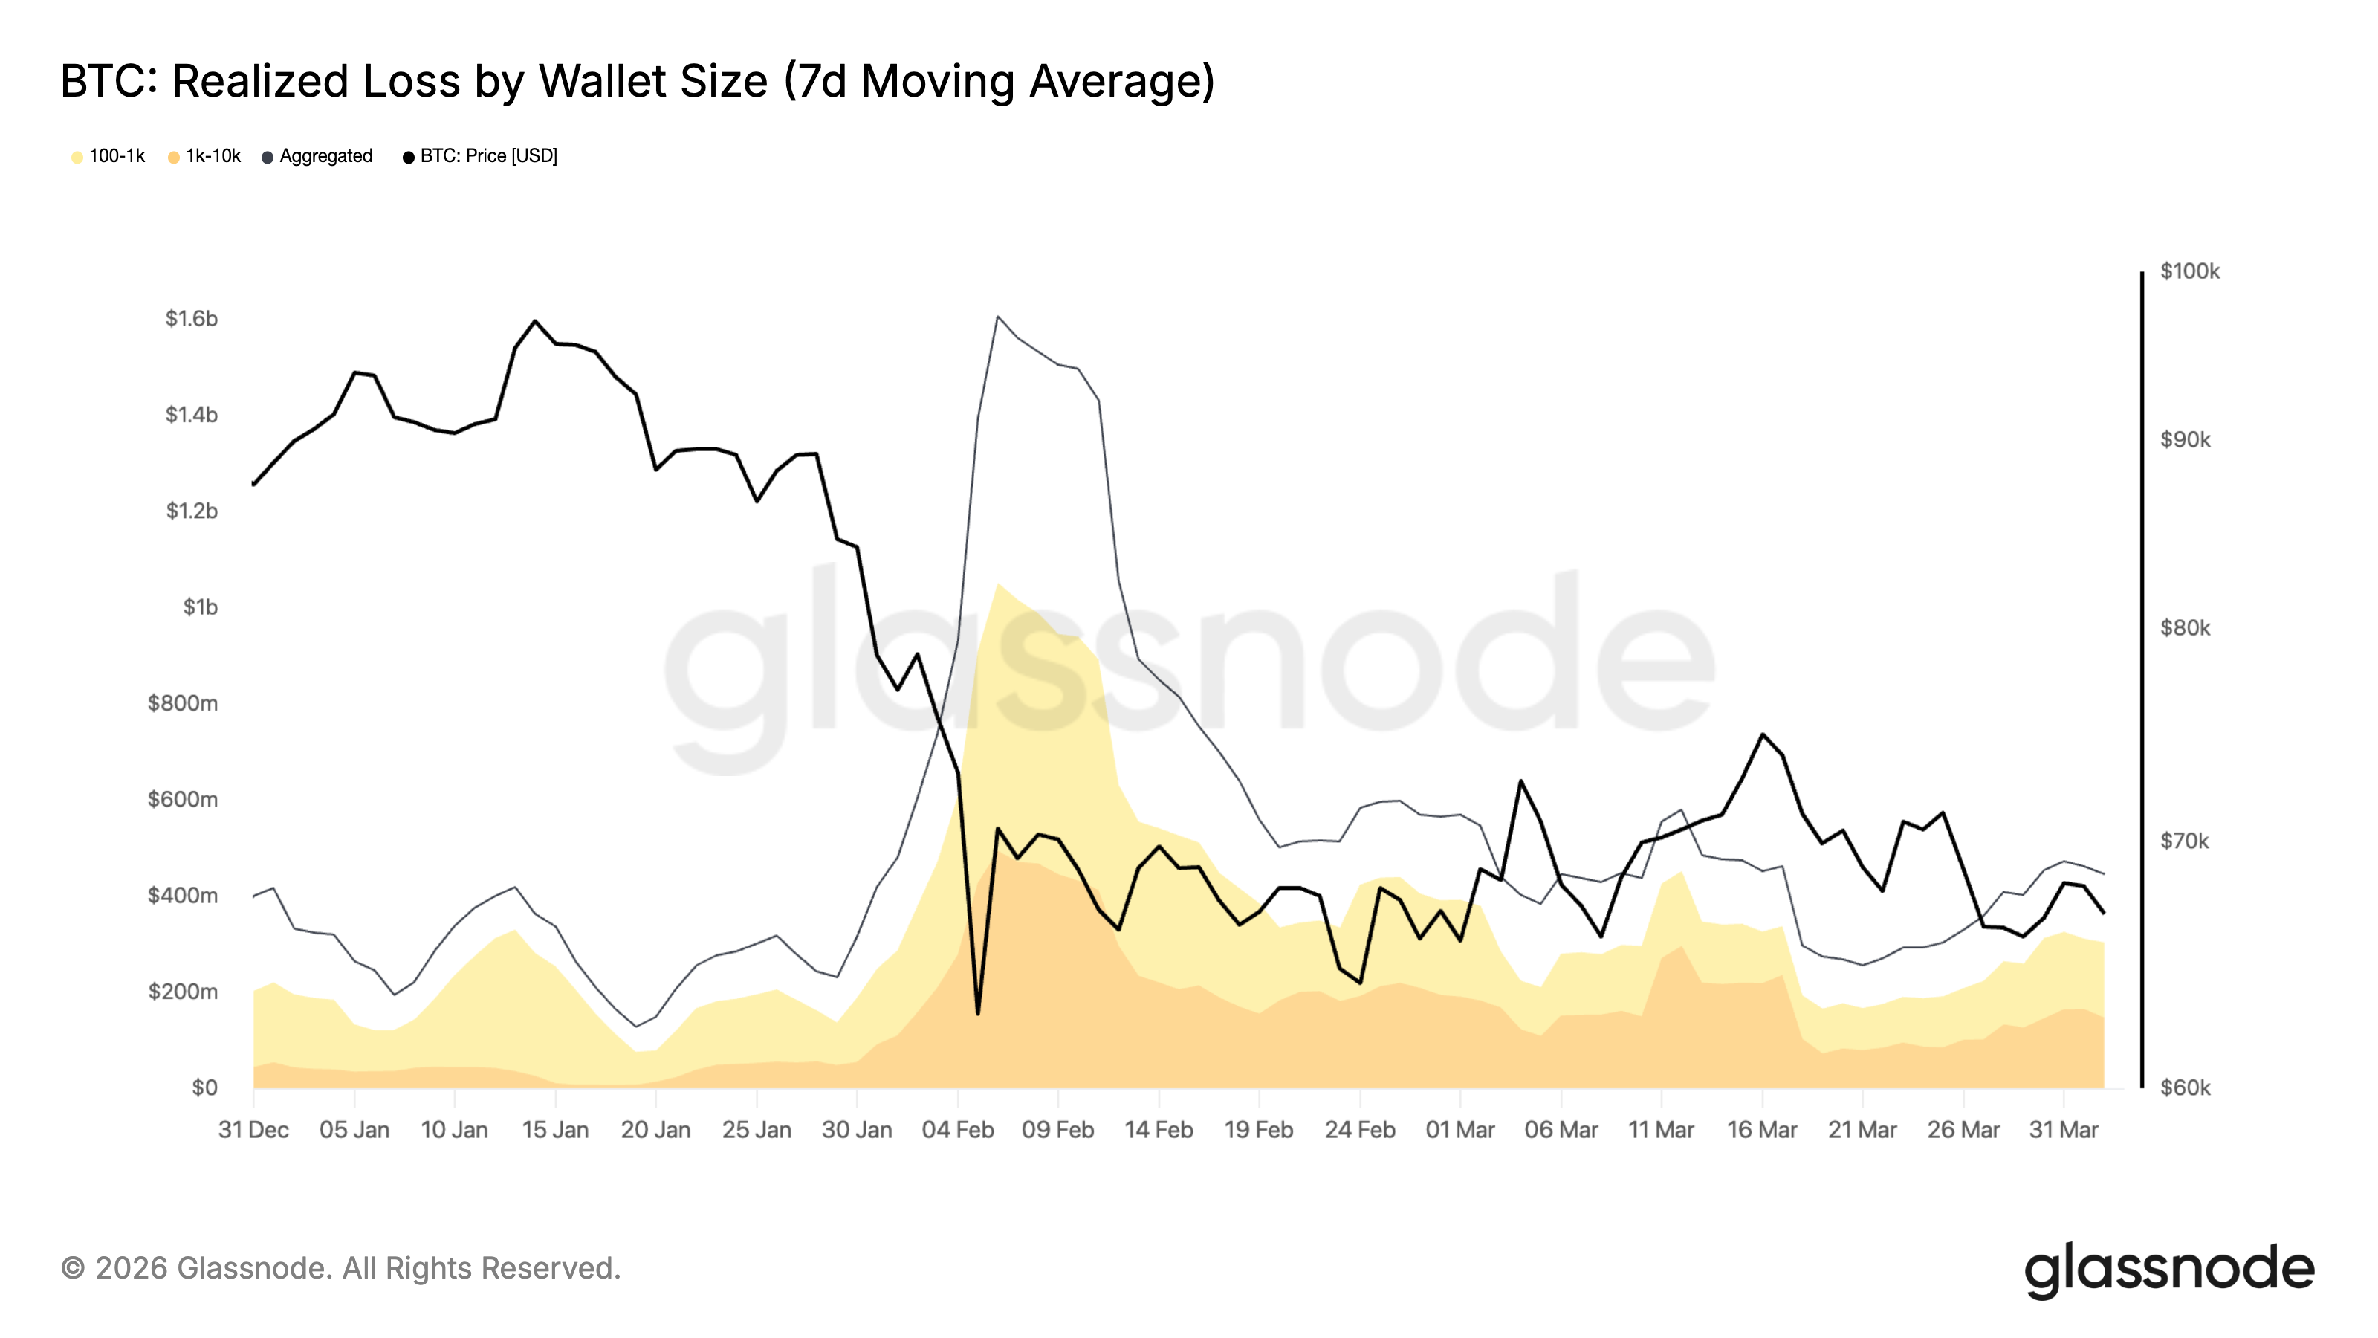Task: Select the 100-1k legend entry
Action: [109, 156]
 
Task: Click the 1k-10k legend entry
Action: [205, 156]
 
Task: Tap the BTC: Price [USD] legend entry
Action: [480, 156]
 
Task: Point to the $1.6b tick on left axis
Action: [191, 319]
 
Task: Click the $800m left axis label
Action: [183, 702]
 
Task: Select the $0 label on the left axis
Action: [204, 1087]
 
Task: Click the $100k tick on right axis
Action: [2189, 271]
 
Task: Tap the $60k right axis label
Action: [2184, 1087]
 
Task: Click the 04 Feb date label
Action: [957, 1129]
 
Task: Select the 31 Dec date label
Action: [253, 1129]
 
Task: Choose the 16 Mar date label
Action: [1761, 1129]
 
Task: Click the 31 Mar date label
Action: [2063, 1129]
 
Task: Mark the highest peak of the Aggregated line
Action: [998, 317]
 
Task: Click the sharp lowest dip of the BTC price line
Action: [978, 1014]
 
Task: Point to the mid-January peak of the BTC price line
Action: [535, 321]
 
